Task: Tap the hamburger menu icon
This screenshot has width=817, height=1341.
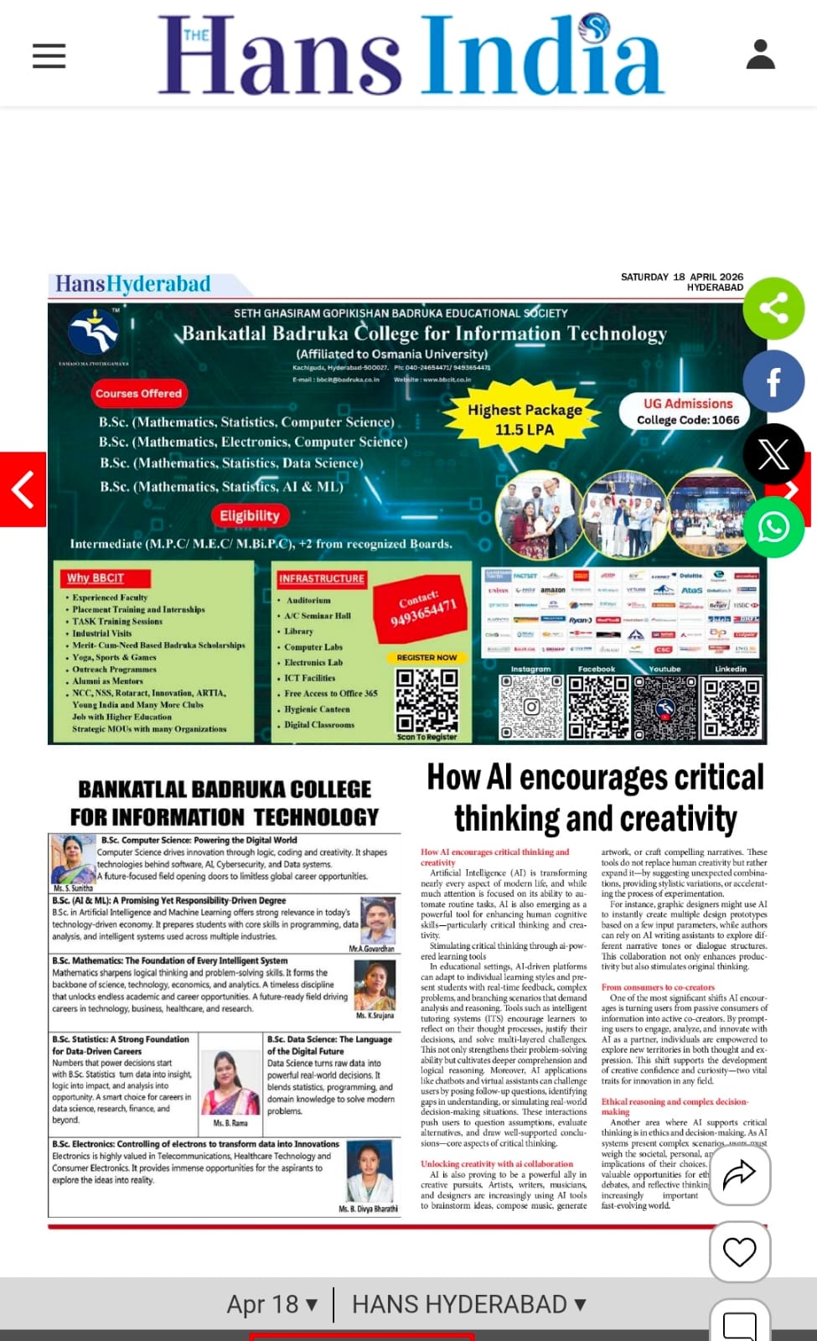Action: coord(49,56)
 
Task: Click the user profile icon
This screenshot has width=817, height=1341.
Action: coord(760,55)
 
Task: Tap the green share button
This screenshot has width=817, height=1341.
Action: coord(773,308)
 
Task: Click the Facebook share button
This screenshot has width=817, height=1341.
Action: coord(773,382)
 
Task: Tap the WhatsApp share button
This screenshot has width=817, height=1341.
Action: coord(773,527)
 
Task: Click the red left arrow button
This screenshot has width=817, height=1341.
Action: coord(23,489)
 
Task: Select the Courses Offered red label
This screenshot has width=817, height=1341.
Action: coord(138,393)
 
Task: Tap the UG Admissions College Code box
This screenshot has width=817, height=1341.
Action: coord(688,412)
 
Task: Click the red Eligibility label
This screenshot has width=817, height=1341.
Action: coord(249,515)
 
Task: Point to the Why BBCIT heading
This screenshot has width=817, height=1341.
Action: coord(96,578)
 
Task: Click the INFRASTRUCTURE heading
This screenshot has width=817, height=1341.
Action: coord(322,578)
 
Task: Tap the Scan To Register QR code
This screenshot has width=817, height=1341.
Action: coord(427,701)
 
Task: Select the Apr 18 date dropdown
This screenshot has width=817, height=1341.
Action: coord(271,1304)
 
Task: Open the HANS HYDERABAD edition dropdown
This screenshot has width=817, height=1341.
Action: coord(468,1304)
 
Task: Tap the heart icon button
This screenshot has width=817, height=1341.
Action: coord(739,1252)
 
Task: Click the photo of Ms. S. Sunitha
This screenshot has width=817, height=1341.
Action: coord(72,859)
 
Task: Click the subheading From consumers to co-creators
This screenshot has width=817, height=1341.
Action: coord(658,987)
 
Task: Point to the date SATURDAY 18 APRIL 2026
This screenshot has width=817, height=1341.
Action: coord(681,277)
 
